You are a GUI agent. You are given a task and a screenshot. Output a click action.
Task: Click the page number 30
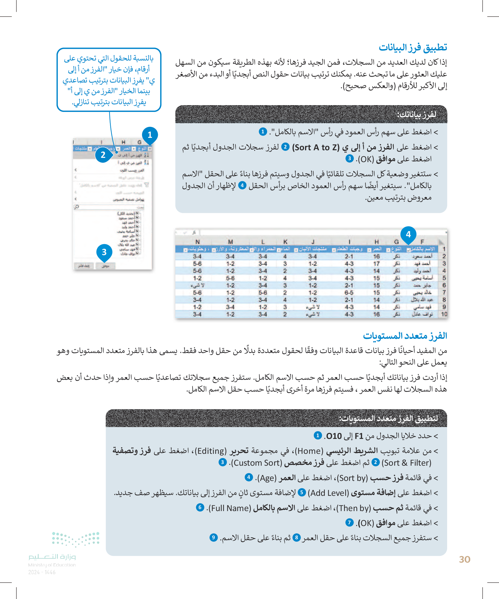pyautogui.click(x=465, y=559)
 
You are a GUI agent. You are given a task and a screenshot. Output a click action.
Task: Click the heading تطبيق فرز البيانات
pyautogui.click(x=412, y=47)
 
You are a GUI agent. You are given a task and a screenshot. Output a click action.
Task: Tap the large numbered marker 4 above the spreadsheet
pyautogui.click(x=408, y=235)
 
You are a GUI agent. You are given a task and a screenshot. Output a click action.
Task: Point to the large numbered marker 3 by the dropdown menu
pyautogui.click(x=104, y=252)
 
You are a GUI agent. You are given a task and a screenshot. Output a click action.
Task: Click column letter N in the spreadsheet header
pyautogui.click(x=197, y=242)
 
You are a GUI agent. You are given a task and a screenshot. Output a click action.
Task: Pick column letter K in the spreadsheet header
pyautogui.click(x=285, y=242)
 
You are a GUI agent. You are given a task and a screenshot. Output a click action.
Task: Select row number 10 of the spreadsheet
pyautogui.click(x=444, y=314)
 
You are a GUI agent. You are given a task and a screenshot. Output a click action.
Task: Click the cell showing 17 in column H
pyautogui.click(x=377, y=264)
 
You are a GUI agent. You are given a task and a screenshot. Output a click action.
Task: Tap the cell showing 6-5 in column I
pyautogui.click(x=349, y=293)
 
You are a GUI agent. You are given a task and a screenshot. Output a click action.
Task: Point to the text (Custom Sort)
pyautogui.click(x=256, y=463)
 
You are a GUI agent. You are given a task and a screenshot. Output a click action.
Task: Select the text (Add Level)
pyautogui.click(x=328, y=493)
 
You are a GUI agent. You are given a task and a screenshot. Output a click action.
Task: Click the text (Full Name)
pyautogui.click(x=230, y=508)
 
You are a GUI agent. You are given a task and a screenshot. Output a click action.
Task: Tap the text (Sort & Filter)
pyautogui.click(x=406, y=463)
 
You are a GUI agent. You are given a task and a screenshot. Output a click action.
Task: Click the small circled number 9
pyautogui.click(x=213, y=538)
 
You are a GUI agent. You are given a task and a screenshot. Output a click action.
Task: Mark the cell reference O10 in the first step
pyautogui.click(x=334, y=436)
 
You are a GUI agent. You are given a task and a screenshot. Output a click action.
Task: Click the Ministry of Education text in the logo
pyautogui.click(x=52, y=565)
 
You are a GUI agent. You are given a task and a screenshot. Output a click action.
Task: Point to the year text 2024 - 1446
pyautogui.click(x=42, y=572)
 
